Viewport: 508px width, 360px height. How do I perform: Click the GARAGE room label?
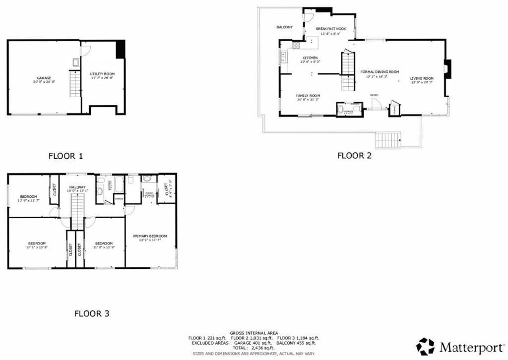point(44,78)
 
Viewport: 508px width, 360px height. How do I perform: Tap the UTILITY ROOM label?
point(102,74)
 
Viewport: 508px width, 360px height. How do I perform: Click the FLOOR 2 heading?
point(354,155)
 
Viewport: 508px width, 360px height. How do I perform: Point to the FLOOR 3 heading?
point(91,313)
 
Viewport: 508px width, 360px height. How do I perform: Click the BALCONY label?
point(284,27)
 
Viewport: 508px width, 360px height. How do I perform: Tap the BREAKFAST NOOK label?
point(331,29)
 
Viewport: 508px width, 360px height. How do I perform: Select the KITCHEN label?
point(310,58)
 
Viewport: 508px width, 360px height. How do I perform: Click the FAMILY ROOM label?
point(308,96)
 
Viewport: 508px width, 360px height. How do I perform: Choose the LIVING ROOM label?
point(422,78)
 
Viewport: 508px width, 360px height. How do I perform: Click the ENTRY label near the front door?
point(374,95)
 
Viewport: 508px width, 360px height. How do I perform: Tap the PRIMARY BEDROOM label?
point(150,236)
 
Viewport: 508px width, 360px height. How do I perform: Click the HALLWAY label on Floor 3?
point(78,187)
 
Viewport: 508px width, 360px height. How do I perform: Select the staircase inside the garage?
point(74,84)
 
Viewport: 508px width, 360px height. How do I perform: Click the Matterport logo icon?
point(425,346)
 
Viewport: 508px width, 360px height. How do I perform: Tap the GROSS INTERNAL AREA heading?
point(254,333)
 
